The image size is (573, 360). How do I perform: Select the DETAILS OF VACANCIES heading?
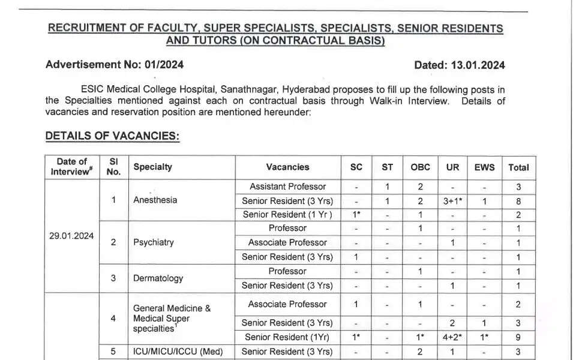pos(112,136)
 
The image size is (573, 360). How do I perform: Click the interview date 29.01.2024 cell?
pos(71,235)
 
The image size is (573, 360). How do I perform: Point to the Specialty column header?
pos(152,167)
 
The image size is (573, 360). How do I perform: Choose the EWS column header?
pos(484,167)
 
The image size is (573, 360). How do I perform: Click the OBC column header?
pos(420,167)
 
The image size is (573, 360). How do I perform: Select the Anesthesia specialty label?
pos(155,200)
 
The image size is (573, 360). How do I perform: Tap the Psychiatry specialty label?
pos(154,242)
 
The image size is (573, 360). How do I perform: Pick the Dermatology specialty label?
pos(158,278)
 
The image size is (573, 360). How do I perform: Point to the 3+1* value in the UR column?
pos(452,200)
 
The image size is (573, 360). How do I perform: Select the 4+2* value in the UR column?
pos(452,337)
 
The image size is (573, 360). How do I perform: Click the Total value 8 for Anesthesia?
pos(518,200)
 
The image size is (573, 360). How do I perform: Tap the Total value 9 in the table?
pos(518,337)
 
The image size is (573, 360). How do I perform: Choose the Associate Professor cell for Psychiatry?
pos(287,242)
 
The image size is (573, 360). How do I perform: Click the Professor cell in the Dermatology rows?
pos(287,271)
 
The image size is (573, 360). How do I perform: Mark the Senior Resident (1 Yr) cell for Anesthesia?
pos(287,214)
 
